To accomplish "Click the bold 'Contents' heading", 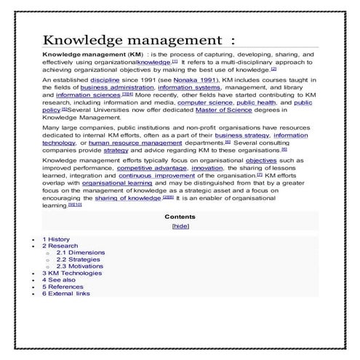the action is (x=180, y=217).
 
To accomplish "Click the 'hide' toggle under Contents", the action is (x=180, y=226).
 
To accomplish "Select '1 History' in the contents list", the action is (x=56, y=239).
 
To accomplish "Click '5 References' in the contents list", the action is (x=62, y=287).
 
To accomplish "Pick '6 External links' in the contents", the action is (x=66, y=293).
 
